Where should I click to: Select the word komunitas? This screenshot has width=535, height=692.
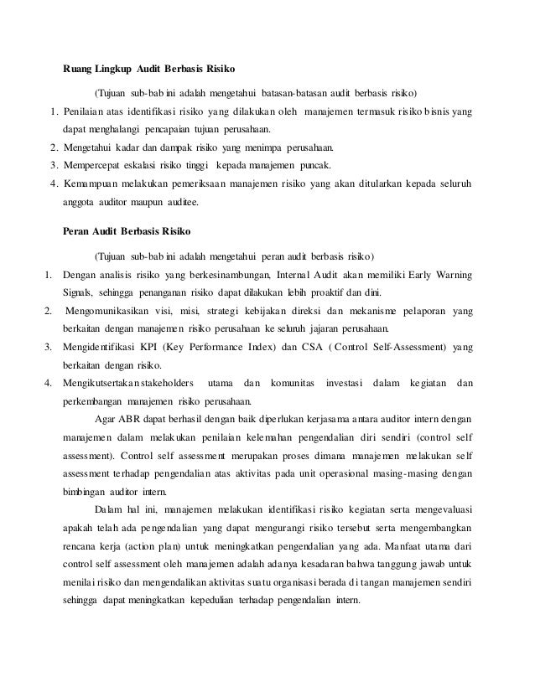pos(292,383)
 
